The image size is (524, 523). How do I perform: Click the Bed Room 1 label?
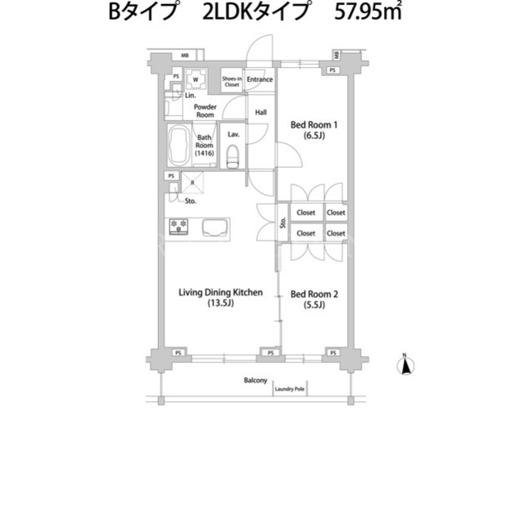point(314,129)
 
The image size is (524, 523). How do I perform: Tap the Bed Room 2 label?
point(314,299)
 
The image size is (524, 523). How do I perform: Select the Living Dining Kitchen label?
point(220,297)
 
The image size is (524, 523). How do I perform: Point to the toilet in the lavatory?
point(233,156)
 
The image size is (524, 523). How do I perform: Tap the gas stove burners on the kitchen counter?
point(178,226)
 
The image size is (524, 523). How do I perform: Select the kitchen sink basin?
point(215,228)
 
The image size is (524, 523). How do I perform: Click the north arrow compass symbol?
point(405,365)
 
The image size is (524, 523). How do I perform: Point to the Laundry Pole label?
point(289,389)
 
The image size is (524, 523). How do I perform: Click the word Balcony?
point(255,381)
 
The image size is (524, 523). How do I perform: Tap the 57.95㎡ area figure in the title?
point(368,12)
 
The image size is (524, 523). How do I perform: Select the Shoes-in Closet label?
point(232,82)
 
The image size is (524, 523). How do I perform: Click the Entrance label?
point(260,79)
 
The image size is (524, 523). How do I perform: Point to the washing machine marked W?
point(196,79)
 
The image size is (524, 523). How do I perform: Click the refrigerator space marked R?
point(192,183)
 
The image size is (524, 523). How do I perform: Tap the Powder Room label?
point(206,110)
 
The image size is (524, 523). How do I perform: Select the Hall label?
point(260,113)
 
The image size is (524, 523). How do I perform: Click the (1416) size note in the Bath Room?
point(204,153)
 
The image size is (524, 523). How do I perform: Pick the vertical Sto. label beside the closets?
point(282,223)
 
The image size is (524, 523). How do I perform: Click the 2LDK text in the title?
point(228,12)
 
